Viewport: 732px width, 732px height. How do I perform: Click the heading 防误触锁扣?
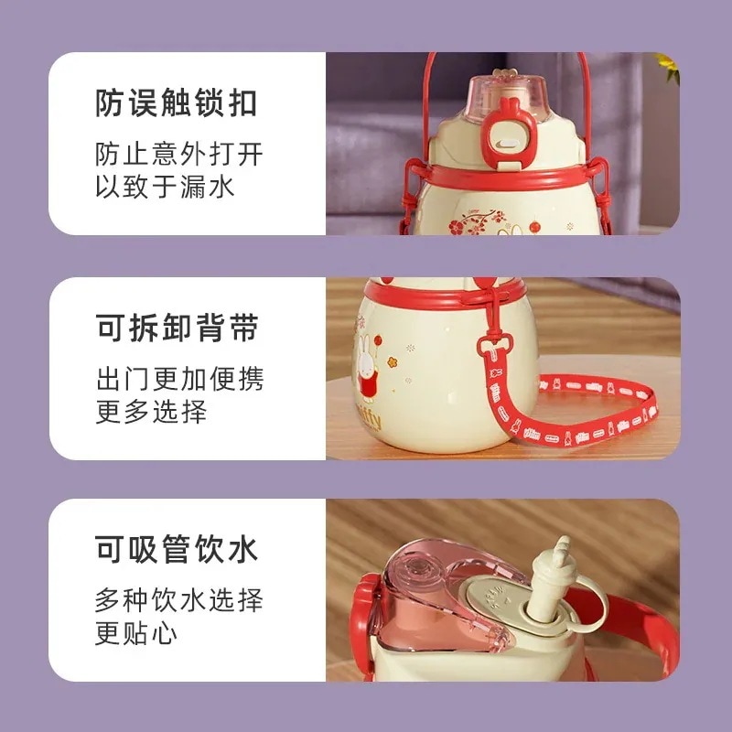point(177,103)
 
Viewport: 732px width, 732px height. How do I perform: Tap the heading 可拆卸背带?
point(178,328)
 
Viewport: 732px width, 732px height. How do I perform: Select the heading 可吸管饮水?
point(177,549)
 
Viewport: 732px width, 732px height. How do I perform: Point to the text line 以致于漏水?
point(165,187)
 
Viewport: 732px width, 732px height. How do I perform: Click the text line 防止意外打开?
point(179,154)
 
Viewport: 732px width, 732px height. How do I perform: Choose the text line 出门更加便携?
point(180,379)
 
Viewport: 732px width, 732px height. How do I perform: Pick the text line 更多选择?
point(151,411)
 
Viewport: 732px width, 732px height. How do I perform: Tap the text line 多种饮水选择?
point(179,600)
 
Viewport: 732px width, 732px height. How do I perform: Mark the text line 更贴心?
point(136,633)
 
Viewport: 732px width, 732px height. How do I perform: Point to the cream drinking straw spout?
point(550,580)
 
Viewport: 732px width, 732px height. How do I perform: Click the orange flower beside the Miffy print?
point(392,362)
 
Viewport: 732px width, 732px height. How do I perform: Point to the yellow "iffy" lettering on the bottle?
point(372,418)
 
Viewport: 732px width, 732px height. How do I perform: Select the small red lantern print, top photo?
point(535,227)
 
